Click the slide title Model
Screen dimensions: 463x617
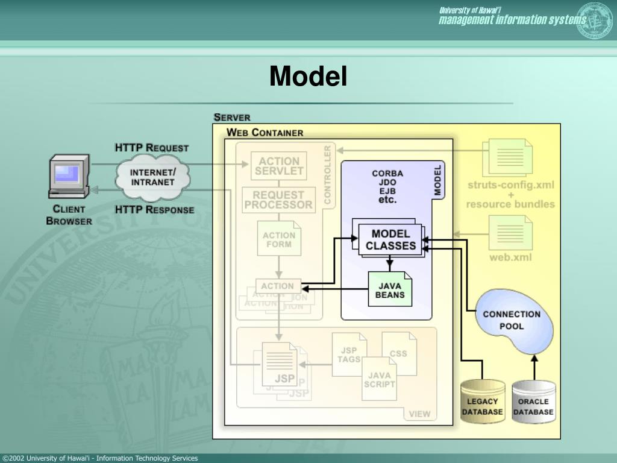pyautogui.click(x=308, y=77)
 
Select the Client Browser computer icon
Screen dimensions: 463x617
pyautogui.click(x=69, y=175)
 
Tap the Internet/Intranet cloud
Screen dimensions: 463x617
pyautogui.click(x=153, y=177)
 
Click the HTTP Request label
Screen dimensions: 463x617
pyautogui.click(x=152, y=148)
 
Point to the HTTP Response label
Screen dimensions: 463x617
pyautogui.click(x=154, y=210)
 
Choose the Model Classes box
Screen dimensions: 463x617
pyautogui.click(x=390, y=240)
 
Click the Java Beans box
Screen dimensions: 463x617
pyautogui.click(x=390, y=289)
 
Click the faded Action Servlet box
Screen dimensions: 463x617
pyautogui.click(x=279, y=166)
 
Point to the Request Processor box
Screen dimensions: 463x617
pyautogui.click(x=278, y=200)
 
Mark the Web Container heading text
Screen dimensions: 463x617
pyautogui.click(x=265, y=133)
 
